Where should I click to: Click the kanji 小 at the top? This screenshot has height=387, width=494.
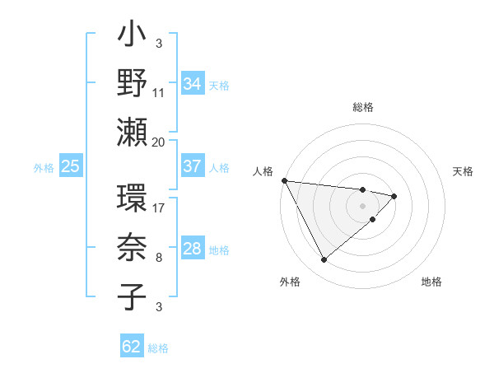(133, 38)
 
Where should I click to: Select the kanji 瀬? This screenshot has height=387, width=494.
(133, 132)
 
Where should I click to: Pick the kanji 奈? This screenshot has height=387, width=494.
(133, 249)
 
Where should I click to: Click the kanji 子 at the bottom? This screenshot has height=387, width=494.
(133, 296)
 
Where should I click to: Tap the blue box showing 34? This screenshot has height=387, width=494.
(192, 83)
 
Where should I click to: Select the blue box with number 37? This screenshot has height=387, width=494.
(192, 166)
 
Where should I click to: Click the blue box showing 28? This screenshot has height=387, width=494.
(192, 249)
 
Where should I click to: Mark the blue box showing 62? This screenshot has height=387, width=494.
(132, 347)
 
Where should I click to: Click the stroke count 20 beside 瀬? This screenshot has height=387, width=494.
(159, 142)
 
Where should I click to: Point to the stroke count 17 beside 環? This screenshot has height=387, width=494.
(159, 208)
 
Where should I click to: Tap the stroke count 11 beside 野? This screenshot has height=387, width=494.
(159, 92)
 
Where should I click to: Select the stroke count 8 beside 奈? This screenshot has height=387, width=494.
(159, 259)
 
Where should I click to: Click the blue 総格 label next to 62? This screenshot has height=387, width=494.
(158, 348)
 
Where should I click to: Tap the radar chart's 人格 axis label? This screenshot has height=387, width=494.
(262, 171)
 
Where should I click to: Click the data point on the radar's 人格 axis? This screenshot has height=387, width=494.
(284, 180)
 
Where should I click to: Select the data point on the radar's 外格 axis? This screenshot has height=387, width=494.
(324, 260)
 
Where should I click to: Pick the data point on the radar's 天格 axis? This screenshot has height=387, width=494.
(394, 196)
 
